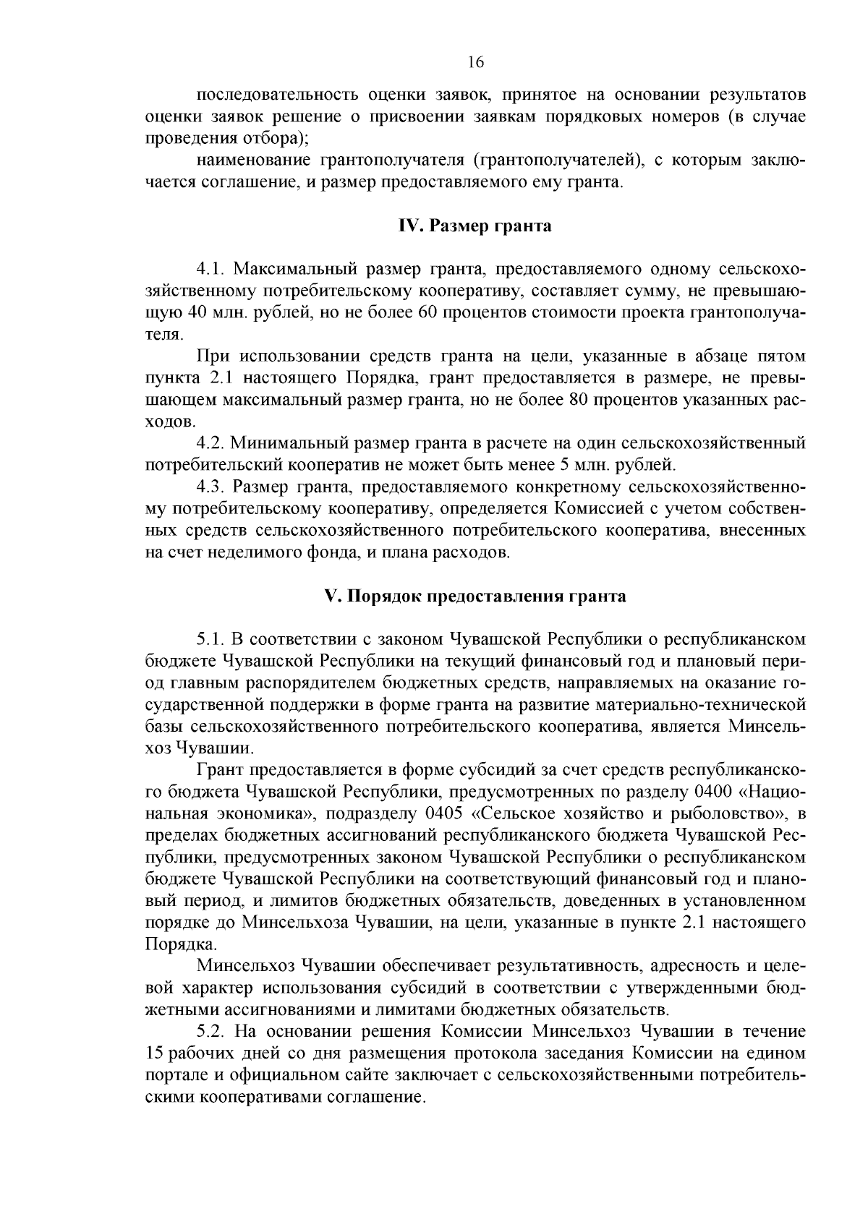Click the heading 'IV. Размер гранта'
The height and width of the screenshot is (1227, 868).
[x=475, y=226]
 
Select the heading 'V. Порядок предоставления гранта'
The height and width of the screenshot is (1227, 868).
[x=475, y=597]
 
